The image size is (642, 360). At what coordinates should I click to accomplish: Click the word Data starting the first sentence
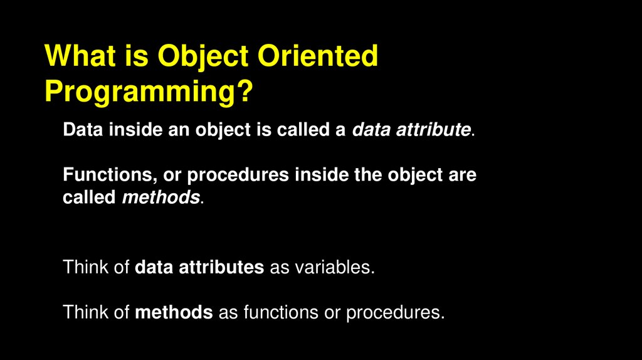click(83, 130)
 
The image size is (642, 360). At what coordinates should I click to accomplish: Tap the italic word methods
click(160, 198)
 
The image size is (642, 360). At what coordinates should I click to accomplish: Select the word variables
click(335, 268)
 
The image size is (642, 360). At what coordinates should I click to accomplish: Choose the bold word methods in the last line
click(174, 312)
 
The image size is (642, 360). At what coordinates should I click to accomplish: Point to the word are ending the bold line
click(461, 176)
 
